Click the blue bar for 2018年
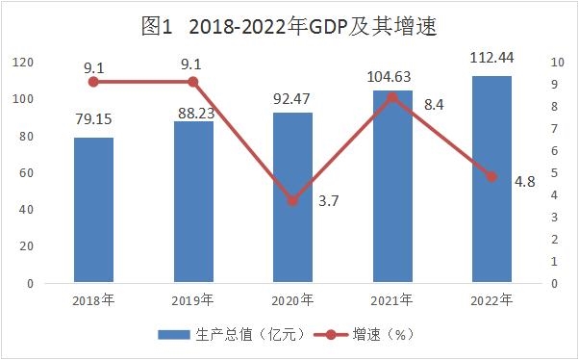coord(94,210)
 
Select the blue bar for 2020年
coord(292,197)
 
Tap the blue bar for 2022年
coord(491,179)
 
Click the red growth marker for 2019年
coord(192,82)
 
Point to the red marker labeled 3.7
coord(292,201)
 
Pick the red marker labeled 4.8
coord(491,177)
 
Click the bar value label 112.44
coord(491,58)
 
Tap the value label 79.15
coord(93,119)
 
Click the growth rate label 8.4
coord(434,105)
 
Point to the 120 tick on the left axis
coord(23,63)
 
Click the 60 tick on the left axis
coord(27,172)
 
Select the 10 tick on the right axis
coord(558,63)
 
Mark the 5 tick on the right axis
coord(554,172)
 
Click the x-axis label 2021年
coord(391,300)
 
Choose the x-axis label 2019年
coord(192,300)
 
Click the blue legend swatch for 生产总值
coord(174,335)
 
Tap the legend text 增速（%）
coord(384,335)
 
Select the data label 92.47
coord(291,99)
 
